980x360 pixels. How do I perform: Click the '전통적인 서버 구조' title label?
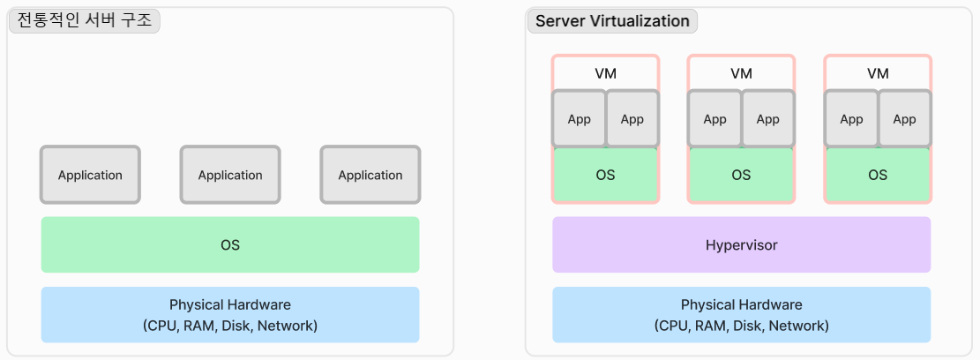pyautogui.click(x=84, y=21)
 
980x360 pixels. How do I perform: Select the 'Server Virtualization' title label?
pyautogui.click(x=612, y=21)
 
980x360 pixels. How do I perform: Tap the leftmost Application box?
pyautogui.click(x=90, y=175)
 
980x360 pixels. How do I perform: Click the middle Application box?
pyautogui.click(x=230, y=175)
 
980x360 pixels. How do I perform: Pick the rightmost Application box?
pyautogui.click(x=370, y=175)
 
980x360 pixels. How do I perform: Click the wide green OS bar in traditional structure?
pyautogui.click(x=230, y=244)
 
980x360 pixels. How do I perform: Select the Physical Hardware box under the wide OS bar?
pyautogui.click(x=230, y=315)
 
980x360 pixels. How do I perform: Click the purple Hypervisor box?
pyautogui.click(x=741, y=244)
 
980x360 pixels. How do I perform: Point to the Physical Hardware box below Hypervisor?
pyautogui.click(x=741, y=315)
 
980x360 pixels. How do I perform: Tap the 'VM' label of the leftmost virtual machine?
pyautogui.click(x=605, y=73)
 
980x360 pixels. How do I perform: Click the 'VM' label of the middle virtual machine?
pyautogui.click(x=741, y=73)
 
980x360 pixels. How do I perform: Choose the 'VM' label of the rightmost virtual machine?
pyautogui.click(x=878, y=73)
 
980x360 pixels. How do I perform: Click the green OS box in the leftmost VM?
pyautogui.click(x=605, y=175)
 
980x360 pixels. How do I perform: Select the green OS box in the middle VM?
pyautogui.click(x=741, y=175)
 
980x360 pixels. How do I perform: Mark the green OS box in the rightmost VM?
pyautogui.click(x=878, y=175)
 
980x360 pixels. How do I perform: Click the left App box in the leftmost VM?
pyautogui.click(x=580, y=119)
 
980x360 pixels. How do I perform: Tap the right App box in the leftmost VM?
pyautogui.click(x=632, y=119)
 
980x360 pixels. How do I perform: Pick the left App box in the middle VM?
pyautogui.click(x=715, y=119)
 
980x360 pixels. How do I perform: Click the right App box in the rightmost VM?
pyautogui.click(x=904, y=119)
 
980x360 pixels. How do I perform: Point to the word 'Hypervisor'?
pyautogui.click(x=741, y=245)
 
